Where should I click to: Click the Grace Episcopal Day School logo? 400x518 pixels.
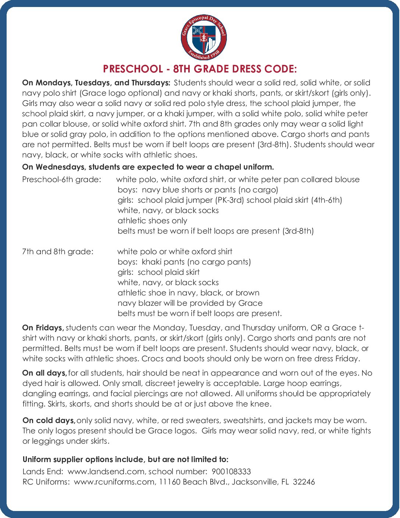204,38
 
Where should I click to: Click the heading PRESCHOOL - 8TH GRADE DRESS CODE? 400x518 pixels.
200,69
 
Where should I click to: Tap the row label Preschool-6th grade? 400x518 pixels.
61,180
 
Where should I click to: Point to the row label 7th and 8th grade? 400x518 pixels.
58,252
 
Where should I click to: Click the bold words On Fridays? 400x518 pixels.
43,328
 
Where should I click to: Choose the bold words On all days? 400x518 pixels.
44,373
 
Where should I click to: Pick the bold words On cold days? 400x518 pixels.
49,421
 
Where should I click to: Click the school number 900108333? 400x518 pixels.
231,472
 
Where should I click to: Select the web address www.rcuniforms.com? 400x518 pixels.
114,482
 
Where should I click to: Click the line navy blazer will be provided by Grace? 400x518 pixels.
190,303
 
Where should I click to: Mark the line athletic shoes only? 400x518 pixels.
152,221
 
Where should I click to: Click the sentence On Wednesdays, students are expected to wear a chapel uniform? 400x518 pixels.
148,167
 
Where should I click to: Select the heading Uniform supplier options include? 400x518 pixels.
125,460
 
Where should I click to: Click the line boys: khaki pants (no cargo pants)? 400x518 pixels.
184,262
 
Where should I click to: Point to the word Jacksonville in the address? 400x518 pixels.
254,482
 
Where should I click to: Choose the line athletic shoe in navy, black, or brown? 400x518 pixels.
188,293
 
